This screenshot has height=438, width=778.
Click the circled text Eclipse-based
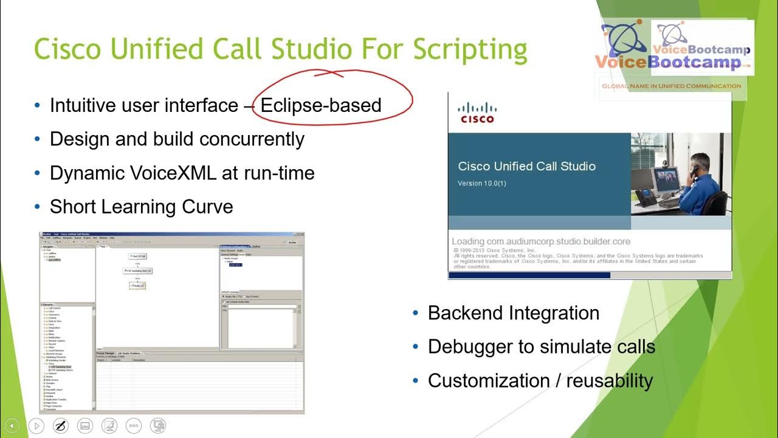point(320,105)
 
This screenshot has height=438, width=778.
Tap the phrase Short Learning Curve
point(142,206)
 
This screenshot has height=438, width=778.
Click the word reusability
point(609,381)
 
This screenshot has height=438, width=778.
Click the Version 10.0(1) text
point(482,183)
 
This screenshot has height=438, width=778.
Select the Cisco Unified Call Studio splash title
point(526,166)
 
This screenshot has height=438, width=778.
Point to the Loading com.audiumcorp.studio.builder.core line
point(541,242)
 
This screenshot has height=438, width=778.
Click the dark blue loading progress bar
point(529,276)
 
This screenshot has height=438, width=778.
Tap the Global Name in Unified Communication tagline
point(671,86)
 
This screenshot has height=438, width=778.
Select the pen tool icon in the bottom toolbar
point(61,426)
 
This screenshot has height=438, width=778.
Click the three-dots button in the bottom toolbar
point(134,426)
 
